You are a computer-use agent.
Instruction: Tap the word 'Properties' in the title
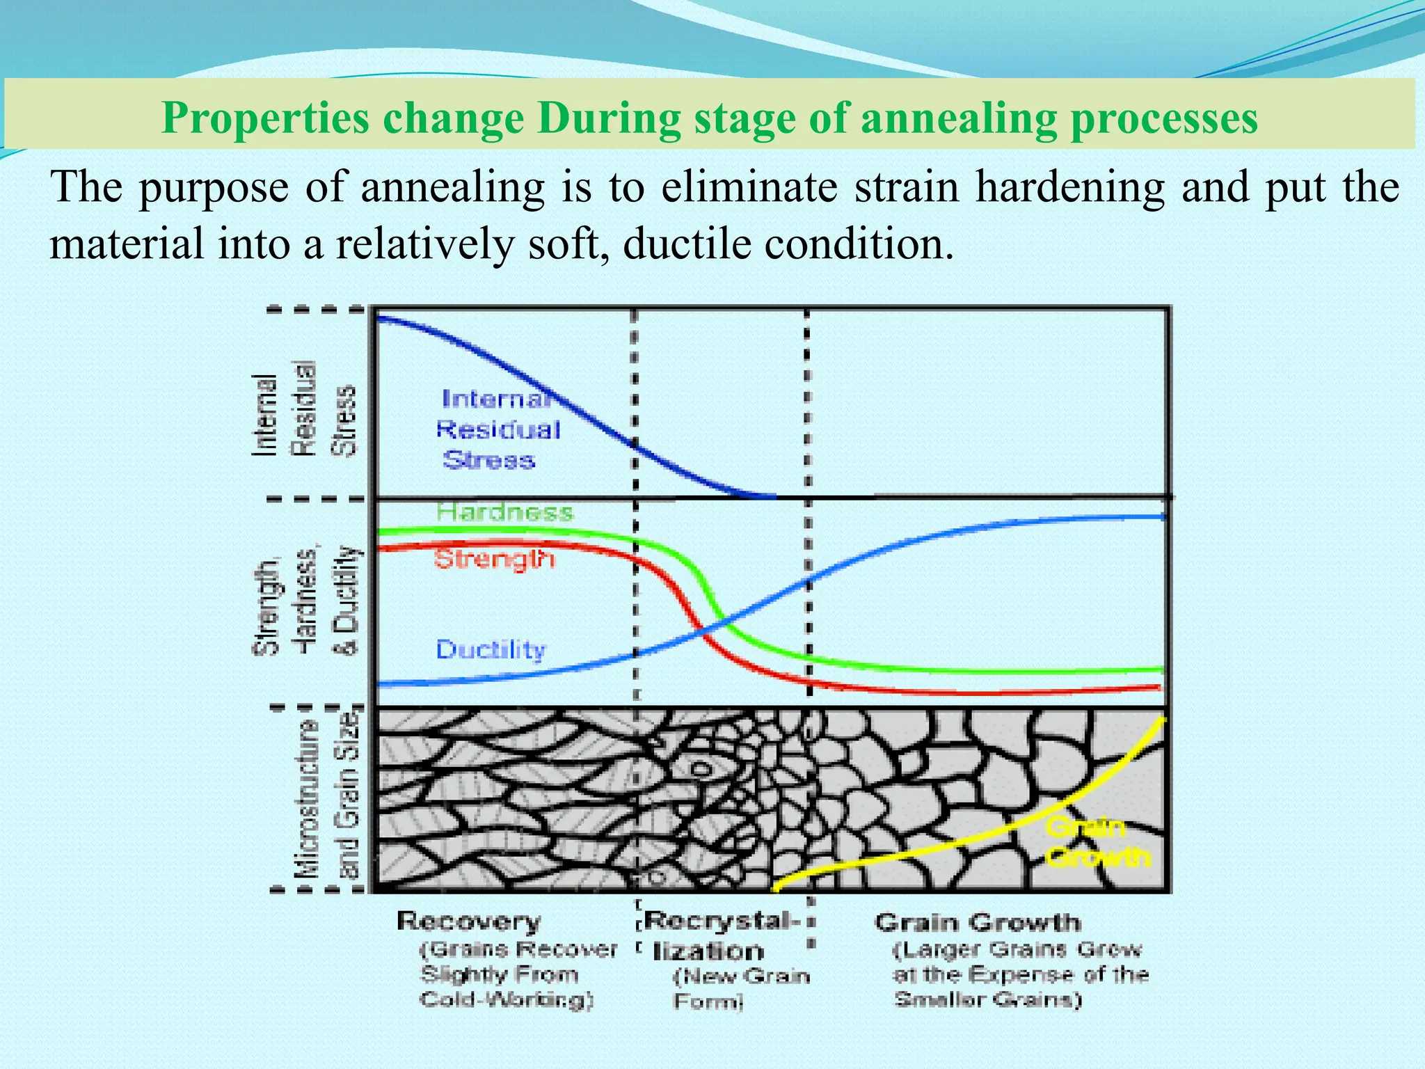pos(266,118)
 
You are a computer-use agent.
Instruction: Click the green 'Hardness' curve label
pos(505,513)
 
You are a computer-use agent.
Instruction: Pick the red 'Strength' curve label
pos(495,559)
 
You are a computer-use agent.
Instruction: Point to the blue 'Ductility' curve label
pos(491,649)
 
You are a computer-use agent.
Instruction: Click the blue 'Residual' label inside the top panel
pos(498,429)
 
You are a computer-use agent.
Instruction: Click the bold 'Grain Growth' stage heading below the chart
pos(978,922)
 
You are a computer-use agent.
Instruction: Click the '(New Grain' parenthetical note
pos(742,976)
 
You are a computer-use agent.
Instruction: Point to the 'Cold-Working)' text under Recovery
pos(507,1000)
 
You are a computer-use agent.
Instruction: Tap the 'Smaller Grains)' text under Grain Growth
pos(988,1000)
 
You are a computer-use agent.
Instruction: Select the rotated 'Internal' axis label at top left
pos(264,415)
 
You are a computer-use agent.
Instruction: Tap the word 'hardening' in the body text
pos(1069,187)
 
